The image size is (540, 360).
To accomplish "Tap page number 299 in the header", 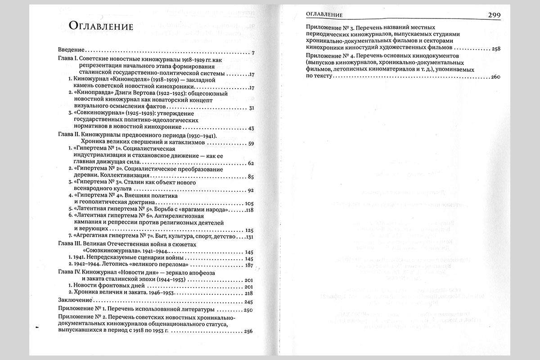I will [494, 15].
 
